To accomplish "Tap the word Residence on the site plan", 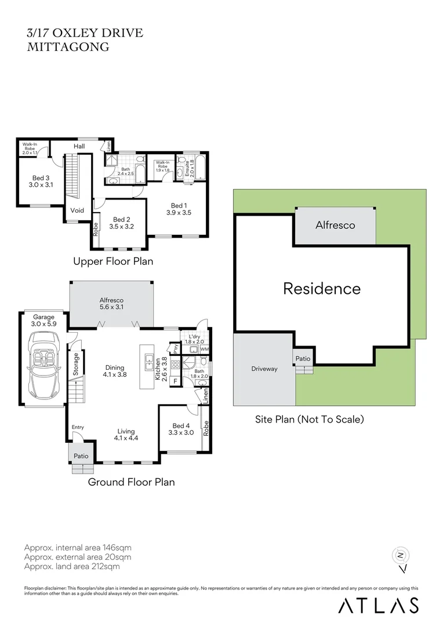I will pyautogui.click(x=322, y=288).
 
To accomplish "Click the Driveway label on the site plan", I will pyautogui.click(x=264, y=369).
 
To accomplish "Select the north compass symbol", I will pyautogui.click(x=400, y=556).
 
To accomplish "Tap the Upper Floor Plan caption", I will pyautogui.click(x=113, y=261).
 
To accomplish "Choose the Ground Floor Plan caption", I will pyautogui.click(x=131, y=482).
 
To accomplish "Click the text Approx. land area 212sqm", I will pyautogui.click(x=72, y=566).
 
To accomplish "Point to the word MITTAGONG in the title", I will pyautogui.click(x=68, y=47).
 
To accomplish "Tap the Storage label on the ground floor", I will pyautogui.click(x=75, y=363).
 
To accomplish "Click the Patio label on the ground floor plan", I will pyautogui.click(x=81, y=456).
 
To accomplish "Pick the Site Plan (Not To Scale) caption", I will pyautogui.click(x=310, y=418).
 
